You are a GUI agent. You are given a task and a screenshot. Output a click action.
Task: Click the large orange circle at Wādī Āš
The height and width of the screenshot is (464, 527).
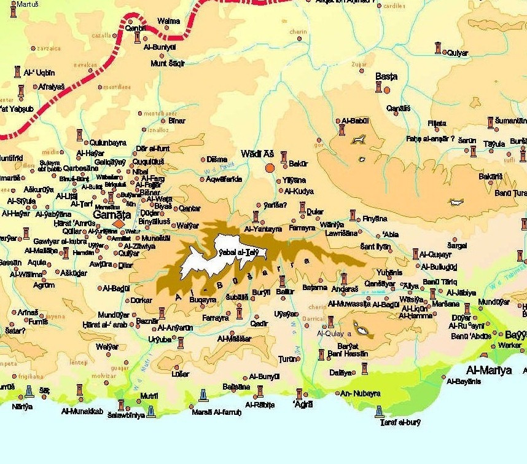[269, 167]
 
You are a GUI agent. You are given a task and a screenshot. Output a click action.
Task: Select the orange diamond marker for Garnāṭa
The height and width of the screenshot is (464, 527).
[119, 224]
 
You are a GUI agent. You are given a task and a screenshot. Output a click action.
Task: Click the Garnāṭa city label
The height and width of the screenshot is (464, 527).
[112, 215]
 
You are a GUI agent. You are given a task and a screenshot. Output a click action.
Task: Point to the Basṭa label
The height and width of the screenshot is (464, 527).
[386, 77]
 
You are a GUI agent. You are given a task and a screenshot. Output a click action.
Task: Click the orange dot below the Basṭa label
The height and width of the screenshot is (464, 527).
[387, 90]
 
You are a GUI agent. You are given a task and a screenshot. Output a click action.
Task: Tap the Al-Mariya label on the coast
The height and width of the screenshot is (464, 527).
[489, 371]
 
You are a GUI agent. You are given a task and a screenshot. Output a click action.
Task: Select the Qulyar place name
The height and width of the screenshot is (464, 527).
[458, 53]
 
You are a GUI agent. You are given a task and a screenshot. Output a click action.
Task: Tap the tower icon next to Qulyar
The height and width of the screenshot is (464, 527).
[438, 48]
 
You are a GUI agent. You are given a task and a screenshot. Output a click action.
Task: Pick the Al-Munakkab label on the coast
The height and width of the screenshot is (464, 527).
[82, 411]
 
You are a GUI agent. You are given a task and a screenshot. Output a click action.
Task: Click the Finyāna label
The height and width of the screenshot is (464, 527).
[375, 218]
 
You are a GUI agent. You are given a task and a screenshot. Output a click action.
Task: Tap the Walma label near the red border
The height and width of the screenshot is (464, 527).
[169, 21]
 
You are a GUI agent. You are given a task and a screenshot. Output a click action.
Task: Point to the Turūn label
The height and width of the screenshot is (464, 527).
[287, 358]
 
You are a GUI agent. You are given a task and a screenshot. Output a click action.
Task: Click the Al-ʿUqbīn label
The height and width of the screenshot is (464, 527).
[39, 73]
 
